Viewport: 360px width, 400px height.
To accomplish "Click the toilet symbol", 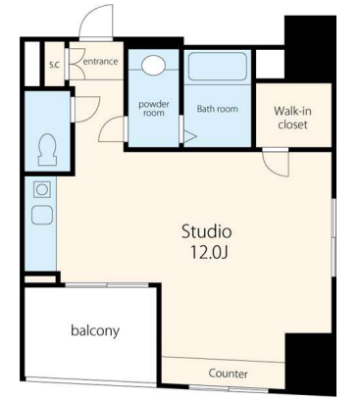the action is click(48, 150).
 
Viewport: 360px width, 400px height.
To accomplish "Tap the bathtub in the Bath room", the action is click(218, 67).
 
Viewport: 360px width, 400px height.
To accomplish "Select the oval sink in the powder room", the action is click(153, 65).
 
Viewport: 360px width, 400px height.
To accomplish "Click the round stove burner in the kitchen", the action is click(42, 189).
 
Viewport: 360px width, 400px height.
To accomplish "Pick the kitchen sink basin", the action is click(42, 215).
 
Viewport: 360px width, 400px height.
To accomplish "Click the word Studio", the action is click(207, 231).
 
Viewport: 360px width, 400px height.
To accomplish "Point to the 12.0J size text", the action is click(209, 252).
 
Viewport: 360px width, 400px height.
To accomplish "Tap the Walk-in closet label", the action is click(292, 118).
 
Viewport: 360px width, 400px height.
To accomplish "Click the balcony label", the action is click(95, 330).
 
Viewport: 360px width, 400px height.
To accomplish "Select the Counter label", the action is click(228, 374).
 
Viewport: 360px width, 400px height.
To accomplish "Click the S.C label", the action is click(54, 65).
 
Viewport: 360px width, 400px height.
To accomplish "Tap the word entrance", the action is click(101, 61).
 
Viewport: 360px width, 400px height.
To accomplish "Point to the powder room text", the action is click(154, 109).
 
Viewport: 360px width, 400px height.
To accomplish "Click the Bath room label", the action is click(218, 109).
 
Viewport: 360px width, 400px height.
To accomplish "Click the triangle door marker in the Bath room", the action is click(190, 137).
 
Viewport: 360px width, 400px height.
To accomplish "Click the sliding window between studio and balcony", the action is click(107, 285).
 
